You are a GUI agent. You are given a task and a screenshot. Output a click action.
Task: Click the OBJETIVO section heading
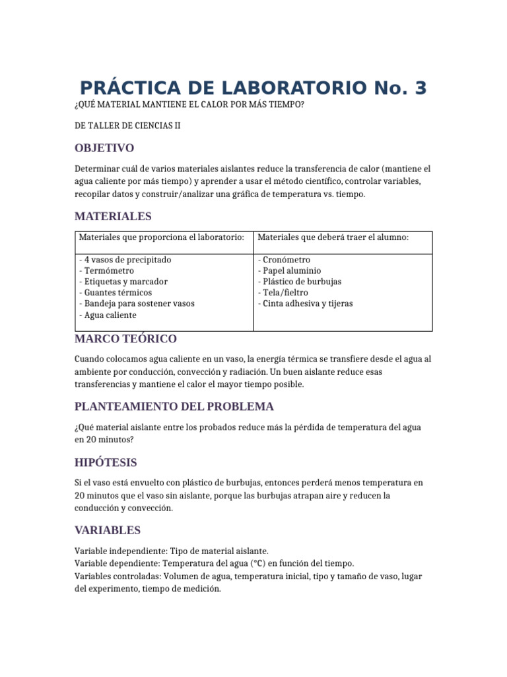[x=104, y=147]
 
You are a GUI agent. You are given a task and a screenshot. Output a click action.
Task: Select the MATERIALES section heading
[x=113, y=216]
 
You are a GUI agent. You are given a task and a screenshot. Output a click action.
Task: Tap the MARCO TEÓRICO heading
[x=125, y=338]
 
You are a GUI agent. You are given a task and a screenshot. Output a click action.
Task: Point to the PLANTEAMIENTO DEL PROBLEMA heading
[x=174, y=406]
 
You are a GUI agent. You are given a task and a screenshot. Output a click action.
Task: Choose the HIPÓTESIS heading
[x=106, y=462]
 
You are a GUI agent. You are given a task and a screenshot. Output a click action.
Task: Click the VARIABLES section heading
[x=108, y=530]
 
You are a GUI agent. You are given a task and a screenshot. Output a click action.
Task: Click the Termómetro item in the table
[x=108, y=270]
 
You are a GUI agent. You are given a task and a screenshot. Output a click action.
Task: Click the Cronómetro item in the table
[x=286, y=260]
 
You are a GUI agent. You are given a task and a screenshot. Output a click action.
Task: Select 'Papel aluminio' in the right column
[x=291, y=270]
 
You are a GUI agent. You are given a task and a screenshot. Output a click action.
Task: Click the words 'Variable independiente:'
[x=121, y=550]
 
